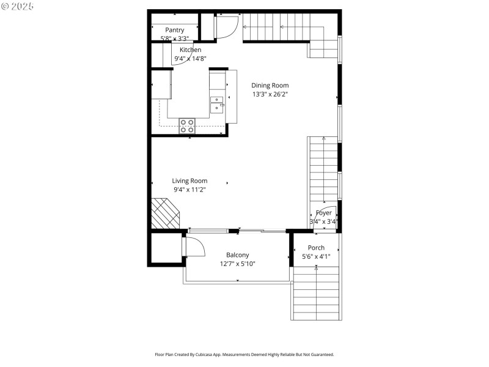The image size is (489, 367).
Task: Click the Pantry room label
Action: (x=174, y=30)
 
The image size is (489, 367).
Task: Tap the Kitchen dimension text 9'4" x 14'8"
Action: (x=190, y=59)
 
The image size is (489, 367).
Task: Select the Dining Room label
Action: (x=270, y=86)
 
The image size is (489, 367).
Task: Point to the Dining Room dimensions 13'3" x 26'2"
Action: (x=270, y=95)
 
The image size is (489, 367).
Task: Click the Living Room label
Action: (x=189, y=180)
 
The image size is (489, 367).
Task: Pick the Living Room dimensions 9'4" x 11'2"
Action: (x=189, y=190)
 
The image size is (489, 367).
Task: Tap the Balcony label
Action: (x=237, y=255)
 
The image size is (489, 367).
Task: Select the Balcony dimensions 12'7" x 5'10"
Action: (x=237, y=264)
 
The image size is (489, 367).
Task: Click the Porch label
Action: (x=316, y=248)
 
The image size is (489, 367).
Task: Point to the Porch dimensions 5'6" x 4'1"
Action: (x=316, y=257)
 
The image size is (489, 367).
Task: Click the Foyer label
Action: (x=324, y=213)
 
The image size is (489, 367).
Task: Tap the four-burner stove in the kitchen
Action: (x=187, y=126)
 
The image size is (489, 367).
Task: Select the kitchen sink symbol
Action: (x=217, y=105)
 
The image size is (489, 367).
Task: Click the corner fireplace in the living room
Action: (x=165, y=213)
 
